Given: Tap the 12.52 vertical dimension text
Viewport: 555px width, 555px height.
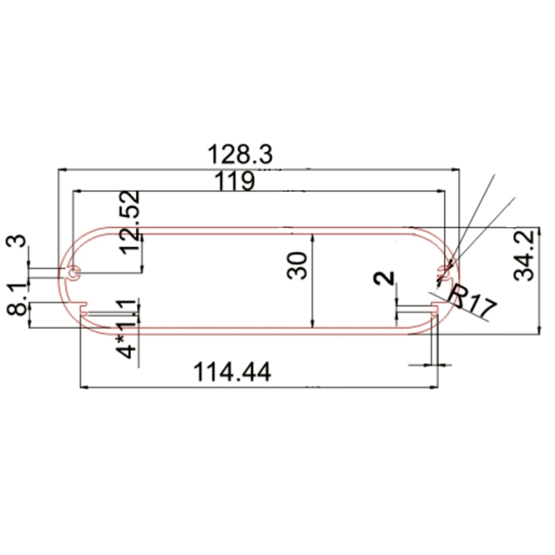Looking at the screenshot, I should click(129, 221).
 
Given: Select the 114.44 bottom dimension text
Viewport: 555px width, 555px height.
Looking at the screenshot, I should click(232, 372).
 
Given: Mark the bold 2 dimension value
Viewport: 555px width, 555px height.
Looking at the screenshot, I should click(386, 278).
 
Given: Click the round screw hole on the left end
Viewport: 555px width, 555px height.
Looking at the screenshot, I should click(75, 273).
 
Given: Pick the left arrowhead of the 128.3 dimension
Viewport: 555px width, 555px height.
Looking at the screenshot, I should click(61, 169).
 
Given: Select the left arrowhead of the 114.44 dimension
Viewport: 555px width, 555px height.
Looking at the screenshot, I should click(84, 388).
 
